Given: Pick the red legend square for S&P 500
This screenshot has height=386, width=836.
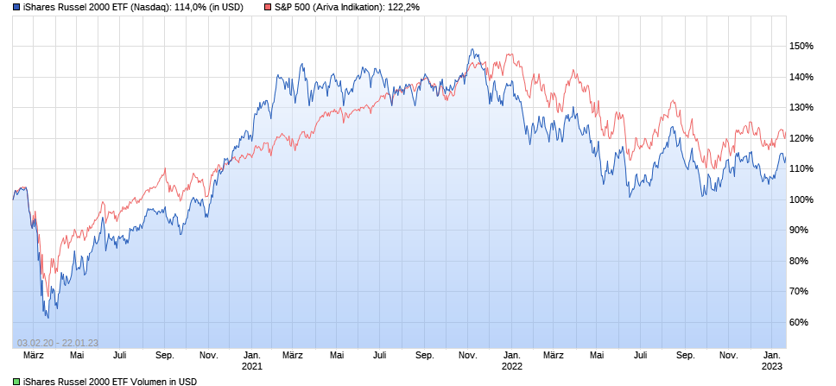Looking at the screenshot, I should pos(268,7).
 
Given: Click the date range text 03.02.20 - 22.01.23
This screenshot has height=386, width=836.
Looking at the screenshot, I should pos(58,343).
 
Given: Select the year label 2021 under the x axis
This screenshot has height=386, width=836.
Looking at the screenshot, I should pos(251,366).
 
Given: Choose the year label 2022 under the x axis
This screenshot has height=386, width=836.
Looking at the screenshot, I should pos(512,366).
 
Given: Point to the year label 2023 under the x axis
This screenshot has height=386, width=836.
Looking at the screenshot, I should pos(773,366).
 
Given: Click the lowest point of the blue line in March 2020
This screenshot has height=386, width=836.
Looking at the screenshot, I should pos(48,317).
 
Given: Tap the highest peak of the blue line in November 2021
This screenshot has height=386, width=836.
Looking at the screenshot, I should pos(472,49).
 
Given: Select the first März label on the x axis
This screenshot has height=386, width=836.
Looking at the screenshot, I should pos(34,355).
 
